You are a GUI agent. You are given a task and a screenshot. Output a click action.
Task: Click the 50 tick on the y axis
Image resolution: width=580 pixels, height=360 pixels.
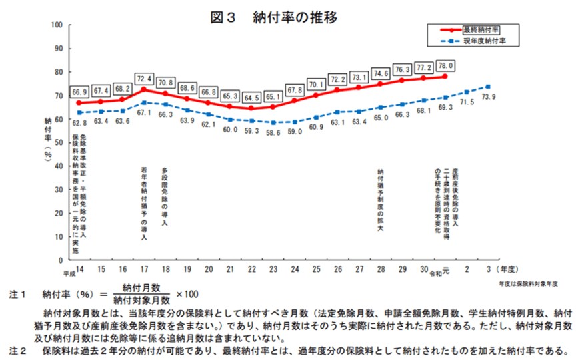59,142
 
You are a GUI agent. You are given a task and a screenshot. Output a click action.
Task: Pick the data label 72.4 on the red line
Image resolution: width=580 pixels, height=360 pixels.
144,78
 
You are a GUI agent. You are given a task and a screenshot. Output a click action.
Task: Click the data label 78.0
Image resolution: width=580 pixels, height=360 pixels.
445,65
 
